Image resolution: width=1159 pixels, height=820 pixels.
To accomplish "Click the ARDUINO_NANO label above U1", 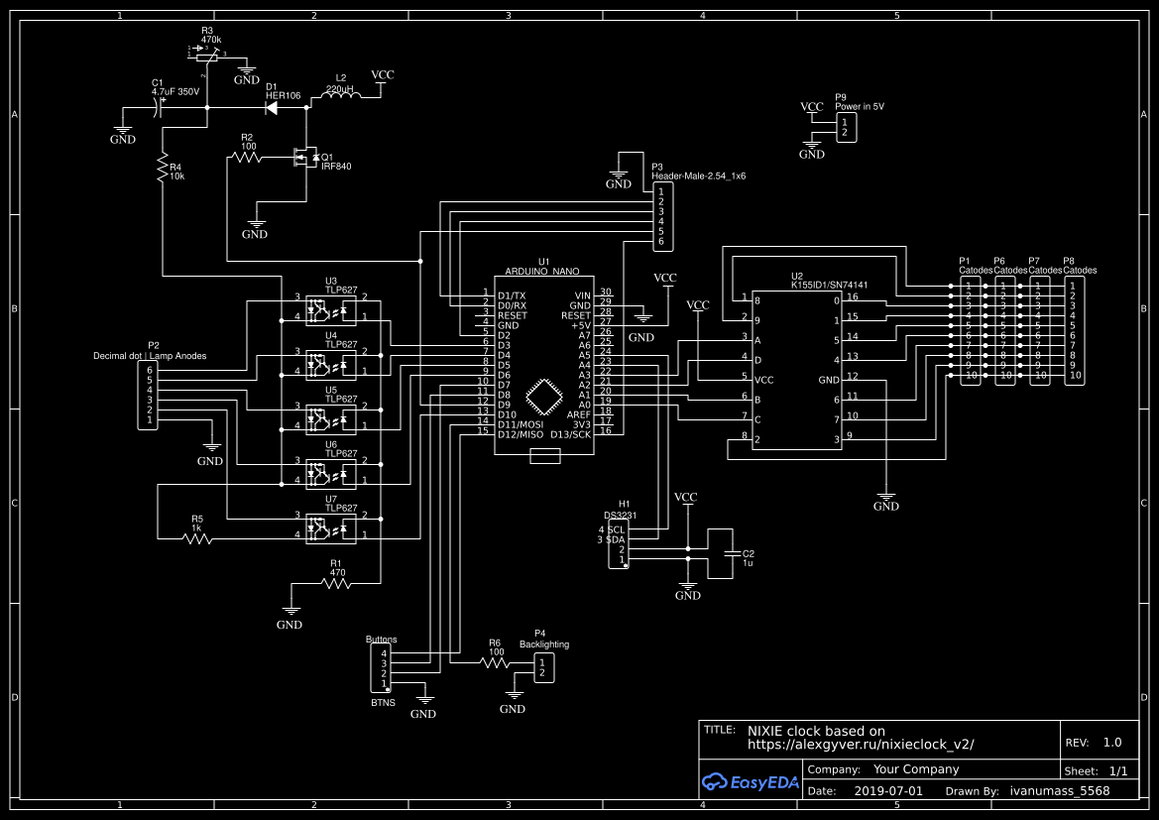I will tap(542, 271).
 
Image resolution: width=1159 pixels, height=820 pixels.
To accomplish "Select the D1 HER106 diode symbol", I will tap(272, 107).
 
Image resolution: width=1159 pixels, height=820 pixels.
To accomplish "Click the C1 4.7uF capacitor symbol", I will tap(160, 107).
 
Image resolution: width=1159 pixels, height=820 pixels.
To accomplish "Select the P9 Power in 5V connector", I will tap(846, 127).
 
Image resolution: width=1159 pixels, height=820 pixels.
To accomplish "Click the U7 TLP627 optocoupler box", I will tap(331, 526).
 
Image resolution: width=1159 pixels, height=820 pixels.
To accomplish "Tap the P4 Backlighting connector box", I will tap(542, 667).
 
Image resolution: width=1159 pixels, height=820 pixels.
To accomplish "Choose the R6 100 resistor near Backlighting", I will tap(496, 662).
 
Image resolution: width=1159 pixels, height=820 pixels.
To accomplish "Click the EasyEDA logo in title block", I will tap(750, 781).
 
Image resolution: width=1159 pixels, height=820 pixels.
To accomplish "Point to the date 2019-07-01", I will tap(887, 791).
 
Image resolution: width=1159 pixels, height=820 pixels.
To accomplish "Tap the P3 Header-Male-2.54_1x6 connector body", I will tap(662, 216).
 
